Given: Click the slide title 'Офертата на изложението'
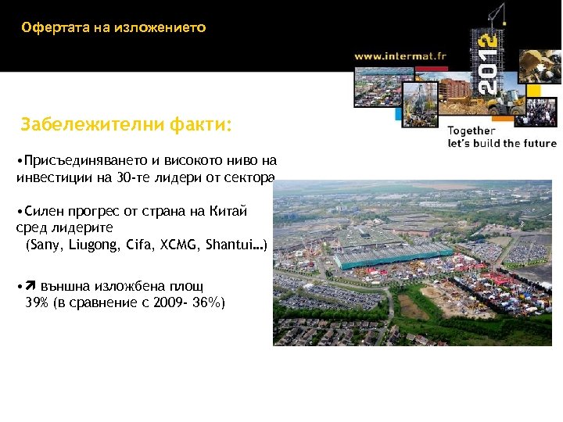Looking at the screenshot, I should click(x=114, y=28).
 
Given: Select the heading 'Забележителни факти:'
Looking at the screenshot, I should click(x=127, y=124).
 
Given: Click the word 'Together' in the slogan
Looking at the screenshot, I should click(x=472, y=131).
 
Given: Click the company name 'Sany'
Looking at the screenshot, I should click(x=43, y=245).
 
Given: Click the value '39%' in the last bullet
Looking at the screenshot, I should click(x=38, y=302).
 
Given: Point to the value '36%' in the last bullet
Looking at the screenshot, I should click(x=206, y=302).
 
